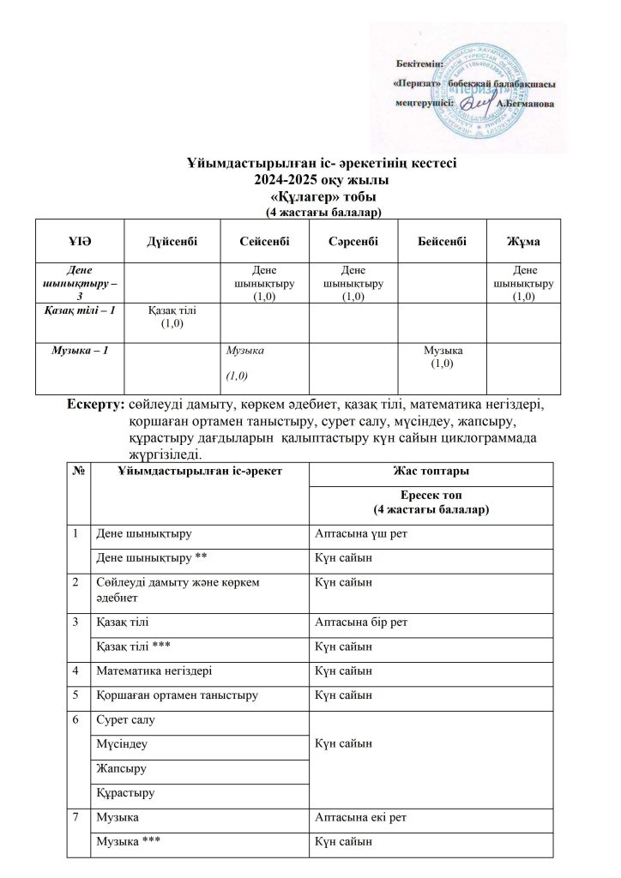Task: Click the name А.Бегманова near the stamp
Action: [526, 103]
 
